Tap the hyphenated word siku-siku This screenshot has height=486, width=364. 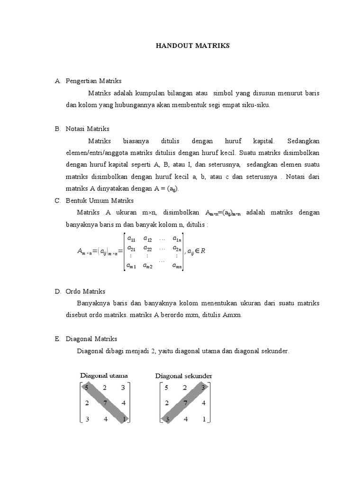[256, 105]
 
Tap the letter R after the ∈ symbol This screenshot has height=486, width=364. [203, 251]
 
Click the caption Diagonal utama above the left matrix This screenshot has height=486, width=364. [103, 375]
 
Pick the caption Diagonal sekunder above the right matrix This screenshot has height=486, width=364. [183, 375]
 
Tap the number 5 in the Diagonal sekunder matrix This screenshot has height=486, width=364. [166, 388]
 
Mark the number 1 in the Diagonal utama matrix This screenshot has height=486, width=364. [123, 419]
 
